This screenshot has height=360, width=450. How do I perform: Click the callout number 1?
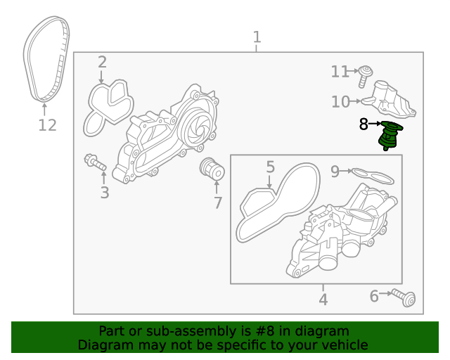pyautogui.click(x=257, y=37)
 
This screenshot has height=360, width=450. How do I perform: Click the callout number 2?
pyautogui.click(x=102, y=62)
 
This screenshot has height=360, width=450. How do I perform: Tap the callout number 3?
pyautogui.click(x=104, y=192)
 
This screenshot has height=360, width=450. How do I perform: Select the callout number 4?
pyautogui.click(x=323, y=300)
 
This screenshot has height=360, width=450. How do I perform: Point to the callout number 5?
pyautogui.click(x=270, y=167)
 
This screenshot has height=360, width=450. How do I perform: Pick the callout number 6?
pyautogui.click(x=374, y=297)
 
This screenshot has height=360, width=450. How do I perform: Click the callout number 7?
pyautogui.click(x=218, y=204)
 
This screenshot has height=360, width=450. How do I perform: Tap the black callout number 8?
pyautogui.click(x=364, y=125)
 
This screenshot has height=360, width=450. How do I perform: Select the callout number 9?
pyautogui.click(x=335, y=170)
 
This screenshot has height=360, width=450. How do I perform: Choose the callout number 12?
pyautogui.click(x=46, y=126)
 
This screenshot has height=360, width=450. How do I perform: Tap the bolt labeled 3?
pyautogui.click(x=94, y=162)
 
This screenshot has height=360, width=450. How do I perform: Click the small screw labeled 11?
pyautogui.click(x=364, y=74)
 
